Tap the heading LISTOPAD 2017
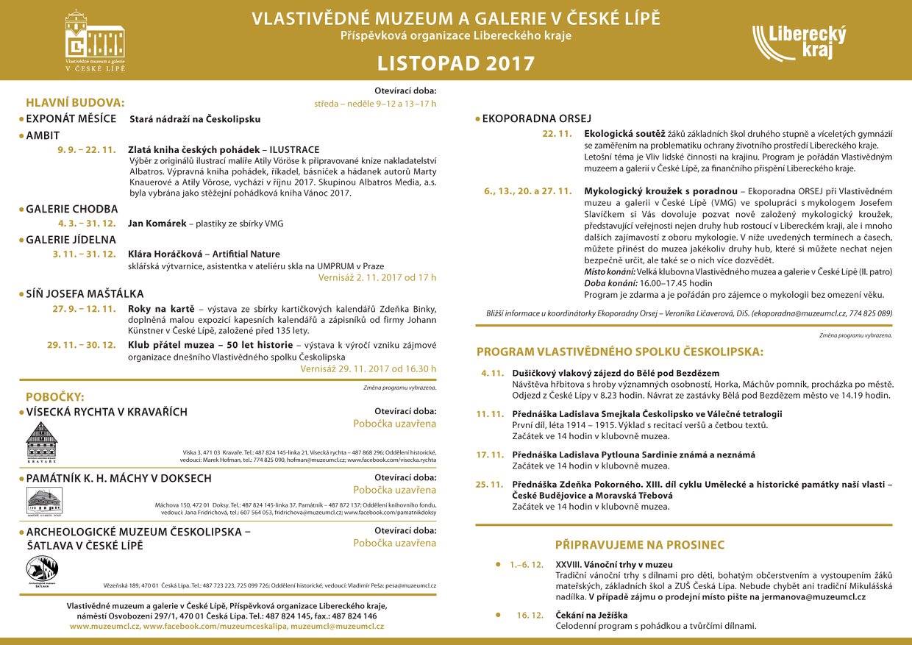(x=456, y=63)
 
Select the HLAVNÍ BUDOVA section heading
(x=75, y=102)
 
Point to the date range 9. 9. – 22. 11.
(x=87, y=149)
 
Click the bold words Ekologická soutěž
(x=624, y=135)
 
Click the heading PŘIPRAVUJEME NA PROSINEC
(x=639, y=545)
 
